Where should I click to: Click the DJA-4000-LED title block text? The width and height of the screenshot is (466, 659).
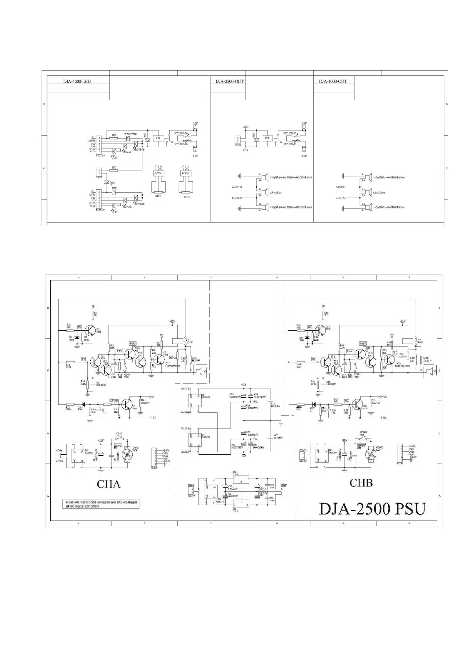77,81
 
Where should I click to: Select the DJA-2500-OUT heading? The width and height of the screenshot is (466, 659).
230,81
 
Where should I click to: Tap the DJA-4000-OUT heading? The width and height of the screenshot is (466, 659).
333,81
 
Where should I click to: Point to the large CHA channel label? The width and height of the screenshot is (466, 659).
109,484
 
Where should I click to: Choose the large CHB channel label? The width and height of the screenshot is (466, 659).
361,483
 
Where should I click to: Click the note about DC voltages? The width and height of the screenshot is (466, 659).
102,504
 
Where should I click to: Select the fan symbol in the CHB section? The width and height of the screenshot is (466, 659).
370,455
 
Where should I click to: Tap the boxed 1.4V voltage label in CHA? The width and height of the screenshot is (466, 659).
119,351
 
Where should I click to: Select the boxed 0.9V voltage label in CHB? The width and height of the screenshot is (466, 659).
363,344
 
